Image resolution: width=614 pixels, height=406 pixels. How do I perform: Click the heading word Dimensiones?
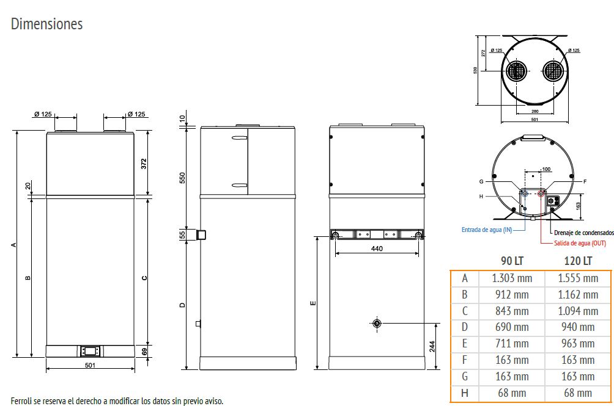[x=46, y=24]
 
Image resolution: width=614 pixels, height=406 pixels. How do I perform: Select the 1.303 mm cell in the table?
[x=512, y=278]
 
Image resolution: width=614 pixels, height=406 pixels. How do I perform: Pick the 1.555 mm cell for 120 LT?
[x=578, y=278]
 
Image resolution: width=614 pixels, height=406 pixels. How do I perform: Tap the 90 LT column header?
[x=512, y=261]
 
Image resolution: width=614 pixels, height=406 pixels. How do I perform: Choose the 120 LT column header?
[x=578, y=261]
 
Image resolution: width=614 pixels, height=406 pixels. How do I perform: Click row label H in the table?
[x=465, y=393]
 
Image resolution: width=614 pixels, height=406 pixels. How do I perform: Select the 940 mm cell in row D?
[x=578, y=327]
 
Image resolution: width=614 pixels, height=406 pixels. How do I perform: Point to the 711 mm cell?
[x=512, y=344]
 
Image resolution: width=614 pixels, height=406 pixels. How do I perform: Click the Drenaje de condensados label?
[x=583, y=233]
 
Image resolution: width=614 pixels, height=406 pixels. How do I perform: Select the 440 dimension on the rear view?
[x=377, y=249]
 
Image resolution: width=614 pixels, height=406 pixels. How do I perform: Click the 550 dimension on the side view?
[x=182, y=178]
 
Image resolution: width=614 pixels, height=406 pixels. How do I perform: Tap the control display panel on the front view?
[x=90, y=351]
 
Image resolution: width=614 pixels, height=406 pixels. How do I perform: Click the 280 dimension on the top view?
[x=535, y=112]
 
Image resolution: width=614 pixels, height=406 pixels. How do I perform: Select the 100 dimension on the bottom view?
[x=546, y=169]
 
